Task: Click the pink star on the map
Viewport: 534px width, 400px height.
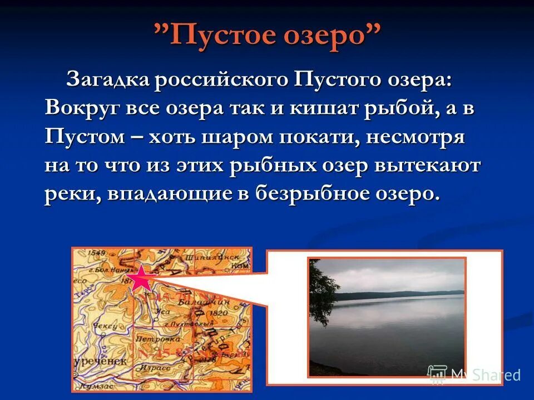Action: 141,278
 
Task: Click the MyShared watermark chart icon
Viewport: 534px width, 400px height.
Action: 437,375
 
